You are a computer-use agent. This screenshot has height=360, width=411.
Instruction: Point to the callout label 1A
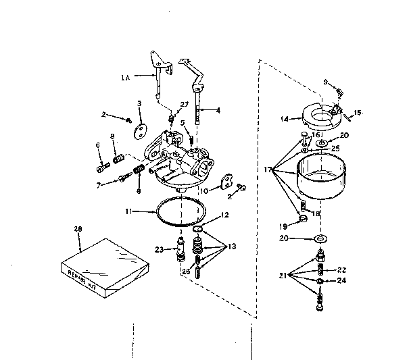(x=125, y=78)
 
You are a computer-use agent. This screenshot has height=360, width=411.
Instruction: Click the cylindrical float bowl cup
(x=322, y=178)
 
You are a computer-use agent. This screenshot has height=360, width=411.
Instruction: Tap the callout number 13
(x=233, y=247)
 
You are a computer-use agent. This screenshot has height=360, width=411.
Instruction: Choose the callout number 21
(x=283, y=276)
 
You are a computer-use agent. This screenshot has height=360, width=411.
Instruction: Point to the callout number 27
(x=184, y=103)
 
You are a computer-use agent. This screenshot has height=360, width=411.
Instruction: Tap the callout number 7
(x=99, y=184)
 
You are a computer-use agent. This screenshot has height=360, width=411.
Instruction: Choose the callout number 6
(x=97, y=145)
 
